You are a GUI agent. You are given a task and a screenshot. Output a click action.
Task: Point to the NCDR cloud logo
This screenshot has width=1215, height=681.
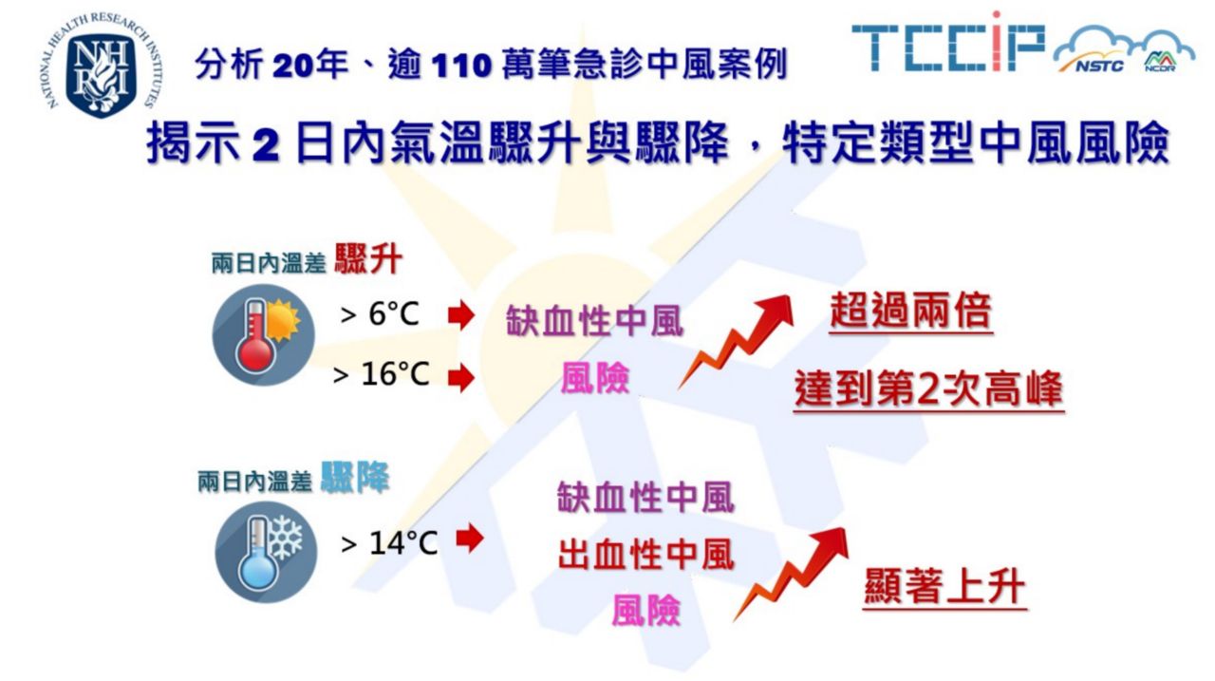tap(1167, 53)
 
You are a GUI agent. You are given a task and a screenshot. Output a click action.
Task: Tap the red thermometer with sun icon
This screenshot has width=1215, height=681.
tap(264, 335)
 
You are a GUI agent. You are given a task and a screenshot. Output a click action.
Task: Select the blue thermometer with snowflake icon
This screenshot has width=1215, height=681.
tap(266, 552)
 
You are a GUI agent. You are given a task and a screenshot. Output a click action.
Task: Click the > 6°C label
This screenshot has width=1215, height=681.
tap(380, 313)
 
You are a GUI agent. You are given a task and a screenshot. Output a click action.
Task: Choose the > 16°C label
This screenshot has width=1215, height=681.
tap(381, 374)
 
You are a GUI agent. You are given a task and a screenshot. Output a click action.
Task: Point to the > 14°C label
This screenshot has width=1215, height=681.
tap(389, 542)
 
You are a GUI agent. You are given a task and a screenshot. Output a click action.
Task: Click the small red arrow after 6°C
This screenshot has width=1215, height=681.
tap(461, 314)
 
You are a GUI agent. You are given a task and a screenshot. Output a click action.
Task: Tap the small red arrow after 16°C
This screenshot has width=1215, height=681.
tap(461, 378)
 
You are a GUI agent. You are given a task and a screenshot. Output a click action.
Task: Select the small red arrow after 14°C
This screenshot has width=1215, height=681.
tap(470, 539)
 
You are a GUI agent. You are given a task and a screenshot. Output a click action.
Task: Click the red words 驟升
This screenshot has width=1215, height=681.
tap(368, 259)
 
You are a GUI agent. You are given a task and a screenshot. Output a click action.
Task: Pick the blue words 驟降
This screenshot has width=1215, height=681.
tap(355, 477)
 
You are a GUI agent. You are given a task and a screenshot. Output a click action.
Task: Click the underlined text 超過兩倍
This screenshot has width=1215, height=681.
tap(910, 312)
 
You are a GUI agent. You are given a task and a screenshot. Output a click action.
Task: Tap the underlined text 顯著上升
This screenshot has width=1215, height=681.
tap(944, 587)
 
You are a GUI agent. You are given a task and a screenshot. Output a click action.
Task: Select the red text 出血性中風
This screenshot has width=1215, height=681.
tap(646, 555)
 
